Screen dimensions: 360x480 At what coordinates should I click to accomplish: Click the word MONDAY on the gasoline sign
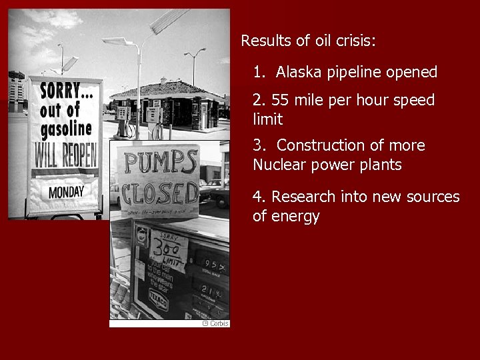pos(66,192)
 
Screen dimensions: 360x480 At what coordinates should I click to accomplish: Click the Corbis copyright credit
pos(215,323)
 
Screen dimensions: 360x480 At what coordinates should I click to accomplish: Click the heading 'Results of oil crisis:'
pos(309,41)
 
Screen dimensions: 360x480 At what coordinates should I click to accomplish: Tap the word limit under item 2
pos(267,120)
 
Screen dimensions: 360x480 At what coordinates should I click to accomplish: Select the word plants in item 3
pos(380,165)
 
